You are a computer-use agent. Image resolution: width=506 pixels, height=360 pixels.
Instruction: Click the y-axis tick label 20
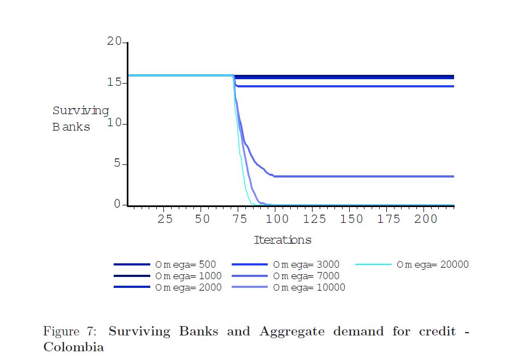(x=114, y=42)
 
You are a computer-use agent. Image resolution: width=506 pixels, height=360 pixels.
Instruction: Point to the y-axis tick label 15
(x=114, y=82)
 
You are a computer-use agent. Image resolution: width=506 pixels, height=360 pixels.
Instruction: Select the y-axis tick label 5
(x=117, y=163)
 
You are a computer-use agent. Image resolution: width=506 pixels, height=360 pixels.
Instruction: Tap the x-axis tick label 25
(x=165, y=219)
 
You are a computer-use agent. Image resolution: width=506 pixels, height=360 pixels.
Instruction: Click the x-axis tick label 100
(x=277, y=219)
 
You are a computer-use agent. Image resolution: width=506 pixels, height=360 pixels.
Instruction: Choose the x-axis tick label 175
(x=389, y=219)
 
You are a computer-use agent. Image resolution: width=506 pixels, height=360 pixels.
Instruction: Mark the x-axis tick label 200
(x=426, y=219)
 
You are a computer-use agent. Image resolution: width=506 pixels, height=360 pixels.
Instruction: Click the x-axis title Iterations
(x=283, y=240)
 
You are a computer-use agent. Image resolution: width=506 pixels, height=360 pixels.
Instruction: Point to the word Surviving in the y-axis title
(x=81, y=111)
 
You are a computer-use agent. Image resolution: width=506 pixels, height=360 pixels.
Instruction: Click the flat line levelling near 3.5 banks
(x=364, y=176)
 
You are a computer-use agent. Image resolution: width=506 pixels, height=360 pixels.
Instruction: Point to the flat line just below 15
(x=345, y=86)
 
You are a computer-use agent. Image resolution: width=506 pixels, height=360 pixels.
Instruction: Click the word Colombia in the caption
(x=74, y=347)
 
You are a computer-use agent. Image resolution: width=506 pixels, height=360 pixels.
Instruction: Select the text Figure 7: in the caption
(x=70, y=332)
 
